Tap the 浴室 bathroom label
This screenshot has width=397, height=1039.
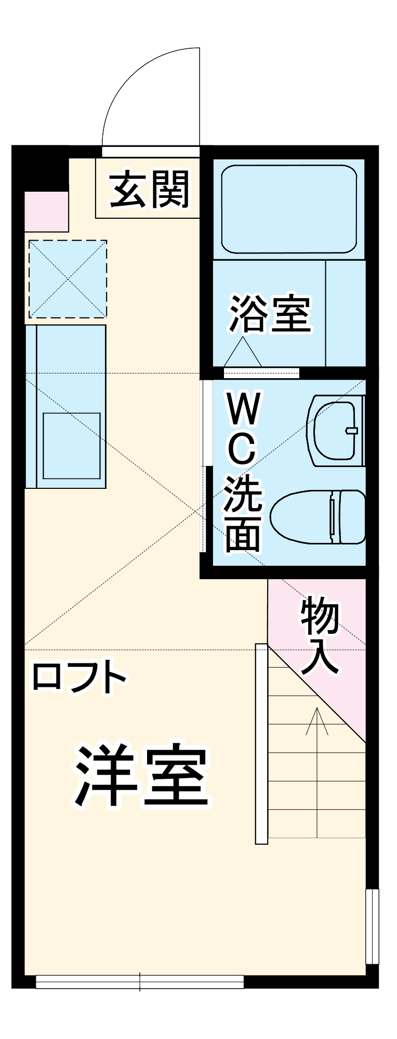coord(270,314)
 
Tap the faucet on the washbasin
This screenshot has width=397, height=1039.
coord(352,430)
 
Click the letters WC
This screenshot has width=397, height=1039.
coord(242,429)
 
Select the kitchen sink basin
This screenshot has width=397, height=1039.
coord(72,446)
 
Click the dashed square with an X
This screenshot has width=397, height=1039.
coord(68,279)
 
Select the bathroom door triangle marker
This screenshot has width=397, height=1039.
coord(242,353)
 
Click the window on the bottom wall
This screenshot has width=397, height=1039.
coord(140,982)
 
